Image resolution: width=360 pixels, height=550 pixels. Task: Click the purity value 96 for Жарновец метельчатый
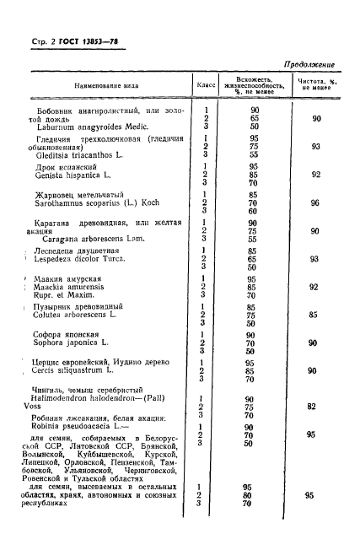pyautogui.click(x=315, y=203)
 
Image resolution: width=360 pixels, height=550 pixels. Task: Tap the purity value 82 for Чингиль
pyautogui.click(x=312, y=406)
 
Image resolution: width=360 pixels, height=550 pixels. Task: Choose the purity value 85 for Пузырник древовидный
pyautogui.click(x=314, y=316)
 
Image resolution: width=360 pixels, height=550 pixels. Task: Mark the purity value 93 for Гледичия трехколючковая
pyautogui.click(x=314, y=147)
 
